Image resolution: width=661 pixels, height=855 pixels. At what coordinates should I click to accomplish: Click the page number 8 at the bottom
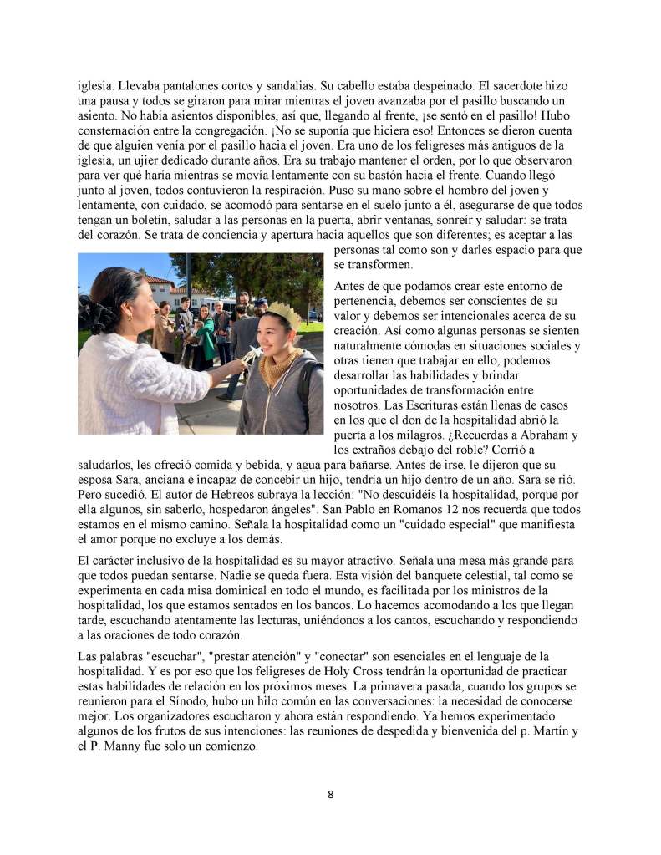330,794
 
